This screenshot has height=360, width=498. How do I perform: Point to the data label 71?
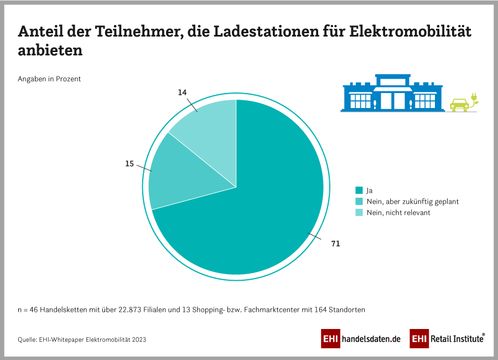tap(335, 243)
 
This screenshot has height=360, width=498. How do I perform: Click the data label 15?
tap(129, 164)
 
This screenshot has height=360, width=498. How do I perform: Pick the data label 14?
tap(182, 93)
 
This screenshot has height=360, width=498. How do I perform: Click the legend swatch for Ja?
tap(359, 191)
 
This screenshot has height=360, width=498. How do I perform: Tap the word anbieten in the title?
tap(50, 50)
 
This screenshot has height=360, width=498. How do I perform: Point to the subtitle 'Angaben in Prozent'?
tap(49, 79)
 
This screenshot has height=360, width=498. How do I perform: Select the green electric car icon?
tap(459, 104)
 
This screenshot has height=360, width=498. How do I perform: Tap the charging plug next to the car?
tap(474, 100)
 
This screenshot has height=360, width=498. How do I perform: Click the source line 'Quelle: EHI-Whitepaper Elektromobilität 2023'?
tap(82, 339)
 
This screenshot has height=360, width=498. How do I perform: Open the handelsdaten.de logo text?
tap(371, 339)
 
